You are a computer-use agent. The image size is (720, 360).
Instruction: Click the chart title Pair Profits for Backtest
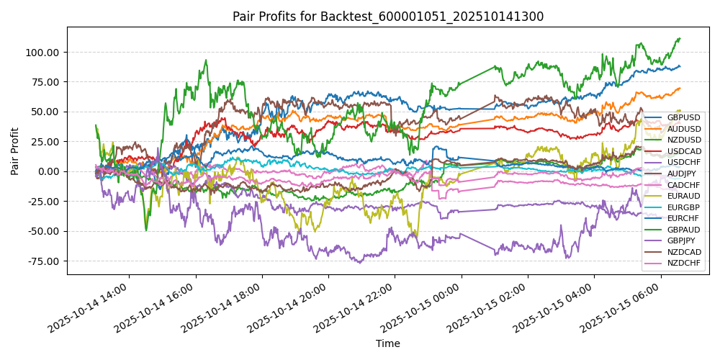click(387, 17)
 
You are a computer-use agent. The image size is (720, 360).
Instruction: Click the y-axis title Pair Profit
click(15, 151)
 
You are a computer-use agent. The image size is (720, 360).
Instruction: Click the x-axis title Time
click(387, 343)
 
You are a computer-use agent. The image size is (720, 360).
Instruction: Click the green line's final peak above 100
click(679, 39)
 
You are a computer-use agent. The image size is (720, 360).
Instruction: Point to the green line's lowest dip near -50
click(146, 230)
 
